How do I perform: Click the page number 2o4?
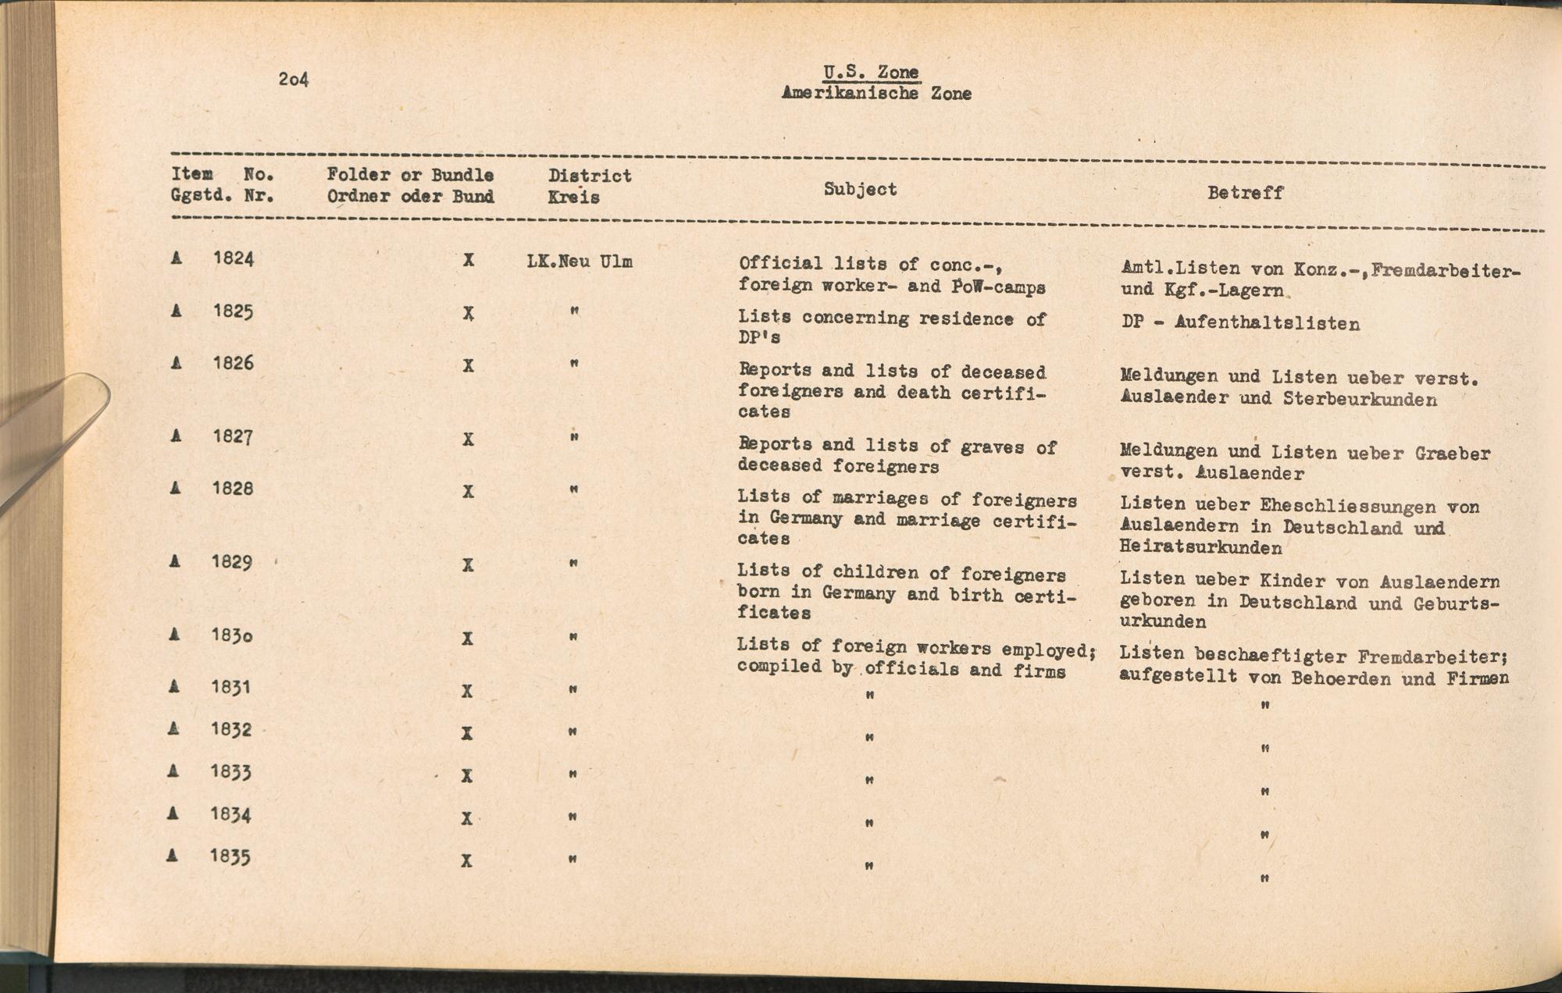[293, 79]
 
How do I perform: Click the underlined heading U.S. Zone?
[871, 73]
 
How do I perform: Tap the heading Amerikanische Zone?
[876, 94]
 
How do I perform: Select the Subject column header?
[860, 189]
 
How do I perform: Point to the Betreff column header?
[1245, 192]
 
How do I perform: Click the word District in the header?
[590, 176]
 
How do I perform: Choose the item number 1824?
[234, 258]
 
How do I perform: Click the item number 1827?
[232, 436]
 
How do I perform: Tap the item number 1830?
[231, 635]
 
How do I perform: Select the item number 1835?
[230, 856]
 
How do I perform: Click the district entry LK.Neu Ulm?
[580, 262]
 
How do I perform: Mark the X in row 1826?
[468, 365]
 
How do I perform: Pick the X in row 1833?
[466, 776]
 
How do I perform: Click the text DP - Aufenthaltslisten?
[1240, 323]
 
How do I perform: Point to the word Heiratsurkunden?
[1200, 547]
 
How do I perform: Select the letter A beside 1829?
[175, 561]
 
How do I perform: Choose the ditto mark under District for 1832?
[572, 732]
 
